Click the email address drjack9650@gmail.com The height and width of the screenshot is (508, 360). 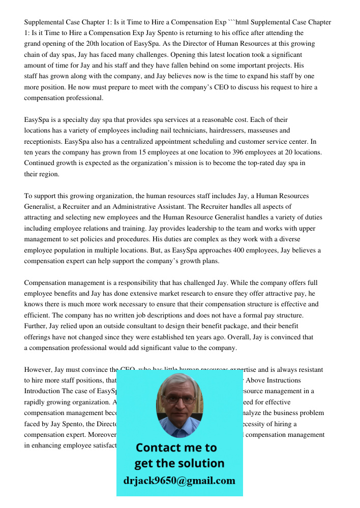179,481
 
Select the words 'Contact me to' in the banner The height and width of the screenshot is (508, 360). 176,448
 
